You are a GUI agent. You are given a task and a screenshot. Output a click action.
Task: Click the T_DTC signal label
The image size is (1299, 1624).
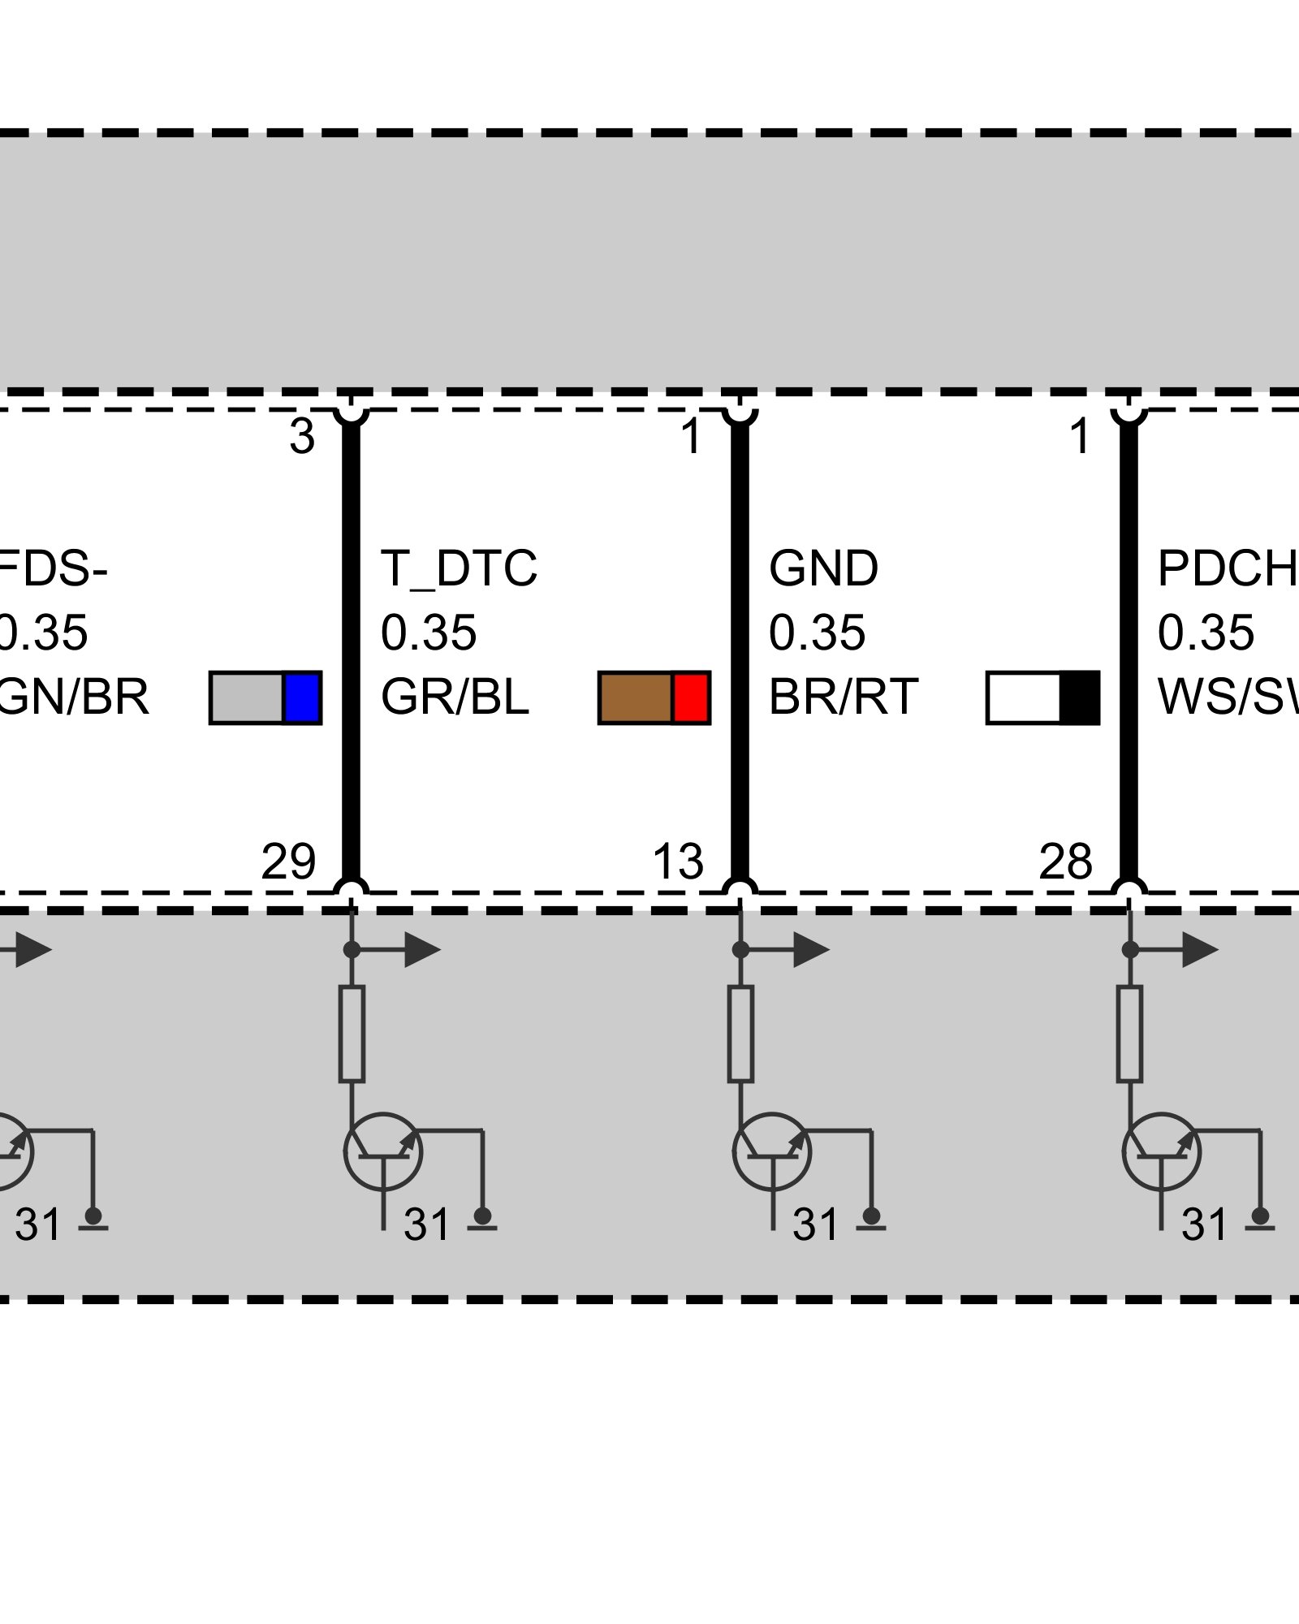tap(459, 568)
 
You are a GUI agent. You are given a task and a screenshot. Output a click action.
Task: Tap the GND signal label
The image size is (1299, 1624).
tap(823, 568)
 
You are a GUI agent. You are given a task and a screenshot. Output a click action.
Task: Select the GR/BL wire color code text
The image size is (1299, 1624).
tap(455, 697)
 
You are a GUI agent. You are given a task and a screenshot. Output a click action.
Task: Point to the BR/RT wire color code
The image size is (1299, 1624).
tap(844, 697)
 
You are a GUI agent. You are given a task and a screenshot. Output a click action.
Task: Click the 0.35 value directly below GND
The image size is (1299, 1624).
tap(817, 633)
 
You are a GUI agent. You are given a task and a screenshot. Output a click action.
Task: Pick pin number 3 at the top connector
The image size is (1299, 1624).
tap(302, 437)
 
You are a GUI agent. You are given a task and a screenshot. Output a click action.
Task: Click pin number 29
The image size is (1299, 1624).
tap(288, 862)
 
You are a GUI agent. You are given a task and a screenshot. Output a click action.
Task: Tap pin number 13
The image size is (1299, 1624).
tap(678, 862)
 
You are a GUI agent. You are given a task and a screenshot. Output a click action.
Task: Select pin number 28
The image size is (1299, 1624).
tap(1066, 862)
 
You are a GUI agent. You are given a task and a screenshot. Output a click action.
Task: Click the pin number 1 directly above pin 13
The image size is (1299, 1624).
tap(691, 437)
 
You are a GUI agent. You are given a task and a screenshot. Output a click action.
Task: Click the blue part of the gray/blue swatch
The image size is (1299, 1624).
tap(302, 698)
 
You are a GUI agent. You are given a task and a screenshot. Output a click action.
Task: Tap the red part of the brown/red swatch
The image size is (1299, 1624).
tap(691, 698)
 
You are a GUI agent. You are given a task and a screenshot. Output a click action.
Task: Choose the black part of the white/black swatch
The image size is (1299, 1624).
tap(1080, 698)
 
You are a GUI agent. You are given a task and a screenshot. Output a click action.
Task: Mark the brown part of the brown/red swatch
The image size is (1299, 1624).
tap(636, 698)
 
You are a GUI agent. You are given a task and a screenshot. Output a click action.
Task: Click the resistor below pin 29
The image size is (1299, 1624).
tap(352, 1034)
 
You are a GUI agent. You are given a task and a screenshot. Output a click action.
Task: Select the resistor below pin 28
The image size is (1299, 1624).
tap(1129, 1034)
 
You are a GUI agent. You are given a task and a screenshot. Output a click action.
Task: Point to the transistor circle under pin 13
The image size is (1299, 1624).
tap(772, 1151)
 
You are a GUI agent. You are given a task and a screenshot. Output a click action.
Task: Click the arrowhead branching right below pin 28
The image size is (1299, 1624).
tap(1199, 950)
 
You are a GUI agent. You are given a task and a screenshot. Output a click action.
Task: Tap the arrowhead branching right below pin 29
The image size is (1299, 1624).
tap(421, 950)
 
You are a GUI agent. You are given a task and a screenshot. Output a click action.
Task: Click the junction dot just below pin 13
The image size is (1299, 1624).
tap(740, 949)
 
